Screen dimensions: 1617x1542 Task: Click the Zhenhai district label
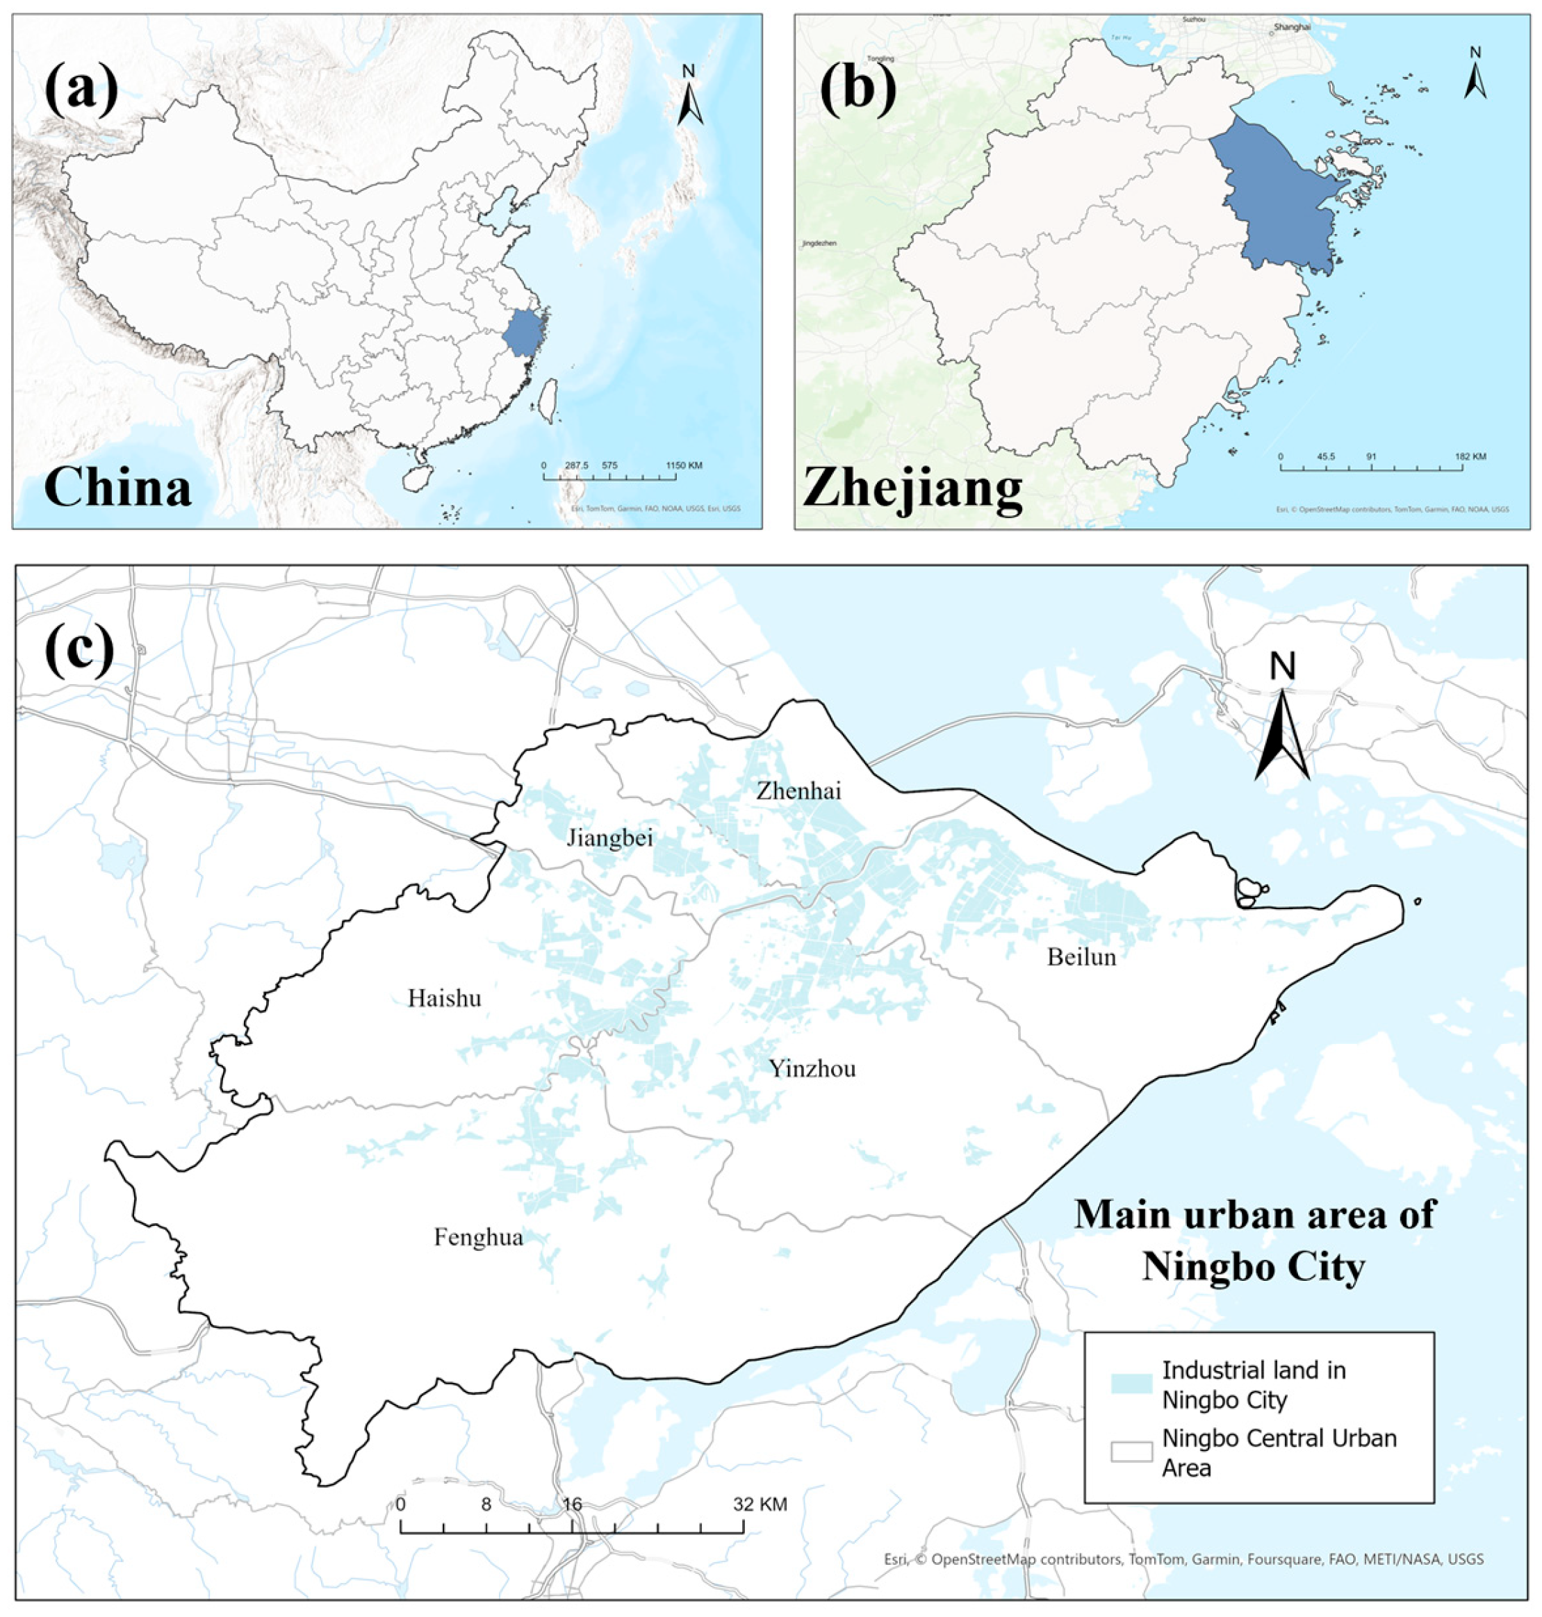pyautogui.click(x=799, y=791)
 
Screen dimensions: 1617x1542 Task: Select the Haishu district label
pyautogui.click(x=445, y=998)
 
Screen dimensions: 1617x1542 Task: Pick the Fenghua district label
pyautogui.click(x=478, y=1237)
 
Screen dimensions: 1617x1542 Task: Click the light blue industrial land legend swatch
pyautogui.click(x=1131, y=1384)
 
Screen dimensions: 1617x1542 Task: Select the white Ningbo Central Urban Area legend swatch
pyautogui.click(x=1131, y=1452)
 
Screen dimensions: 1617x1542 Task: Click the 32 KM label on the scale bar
pyautogui.click(x=761, y=1504)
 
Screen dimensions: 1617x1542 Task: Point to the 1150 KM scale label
pyautogui.click(x=684, y=466)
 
